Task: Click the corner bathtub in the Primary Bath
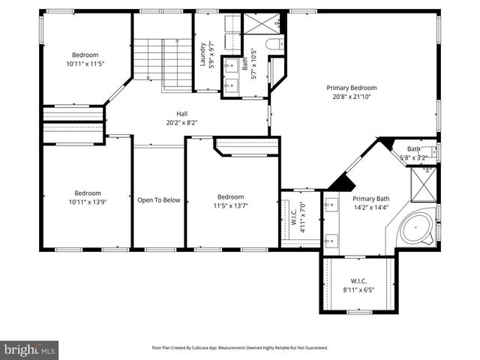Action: (416, 228)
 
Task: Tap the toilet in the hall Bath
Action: (274, 44)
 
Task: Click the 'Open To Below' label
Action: (158, 200)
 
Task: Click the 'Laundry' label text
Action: (203, 55)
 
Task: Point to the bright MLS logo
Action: (30, 349)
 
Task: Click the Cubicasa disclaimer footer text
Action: (240, 348)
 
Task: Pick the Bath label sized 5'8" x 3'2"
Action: (413, 153)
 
